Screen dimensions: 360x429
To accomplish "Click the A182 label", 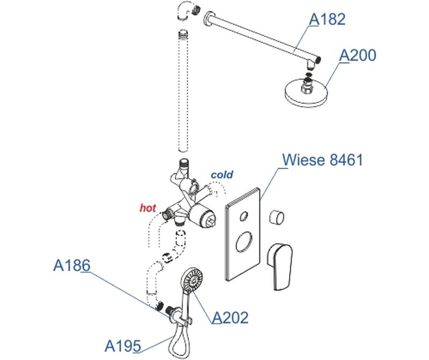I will [x=327, y=20].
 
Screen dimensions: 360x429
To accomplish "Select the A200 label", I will [x=358, y=55].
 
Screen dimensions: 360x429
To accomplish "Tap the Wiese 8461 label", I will [x=322, y=160].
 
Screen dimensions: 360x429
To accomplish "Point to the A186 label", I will [x=71, y=265].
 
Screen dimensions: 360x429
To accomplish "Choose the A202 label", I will [x=231, y=318].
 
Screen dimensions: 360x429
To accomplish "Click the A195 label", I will [x=123, y=345].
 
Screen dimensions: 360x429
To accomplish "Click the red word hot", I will [x=147, y=207].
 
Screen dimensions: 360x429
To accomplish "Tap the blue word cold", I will [x=221, y=175].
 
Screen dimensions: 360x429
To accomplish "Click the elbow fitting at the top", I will [x=186, y=10].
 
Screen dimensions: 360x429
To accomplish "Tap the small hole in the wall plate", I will [x=242, y=216].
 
